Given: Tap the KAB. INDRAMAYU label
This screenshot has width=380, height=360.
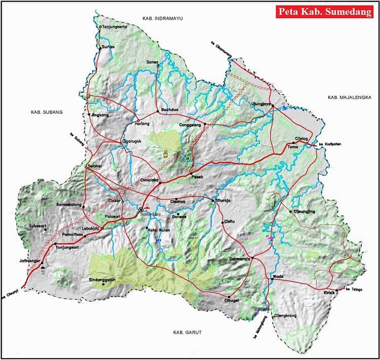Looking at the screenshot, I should tap(162, 18).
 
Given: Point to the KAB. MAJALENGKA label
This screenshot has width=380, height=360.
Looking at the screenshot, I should tap(350, 97).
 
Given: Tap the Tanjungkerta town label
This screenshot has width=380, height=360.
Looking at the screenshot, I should tap(115, 27).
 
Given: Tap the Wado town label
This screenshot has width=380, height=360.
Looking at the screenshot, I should tap(277, 276).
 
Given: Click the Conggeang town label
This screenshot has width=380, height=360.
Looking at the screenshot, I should tap(190, 125).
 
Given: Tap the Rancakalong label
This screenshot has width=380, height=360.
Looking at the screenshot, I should tap(69, 205).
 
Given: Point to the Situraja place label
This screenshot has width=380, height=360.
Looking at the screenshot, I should tap(224, 200).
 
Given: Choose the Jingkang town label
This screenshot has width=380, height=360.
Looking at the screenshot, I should tap(100, 115).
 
